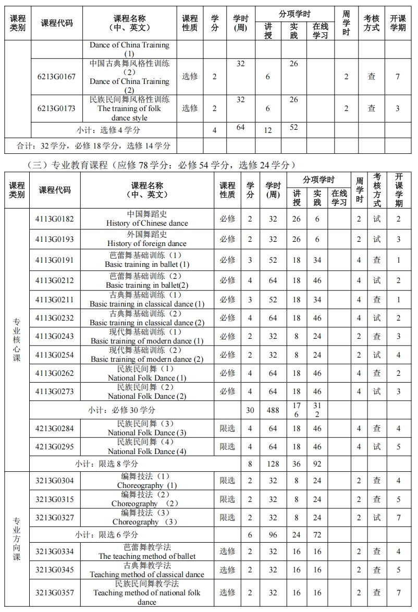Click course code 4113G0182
coord(55,219)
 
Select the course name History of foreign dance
coord(147,239)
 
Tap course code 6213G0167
coord(56,77)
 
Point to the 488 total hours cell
coord(273,410)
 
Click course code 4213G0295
coord(55,447)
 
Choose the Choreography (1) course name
coord(147,481)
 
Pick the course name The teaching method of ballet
coord(147,552)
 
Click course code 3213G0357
coord(55,593)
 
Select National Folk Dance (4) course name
coord(147,447)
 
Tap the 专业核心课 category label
coord(17,339)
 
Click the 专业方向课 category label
coord(17,539)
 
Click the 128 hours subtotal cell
coord(273,464)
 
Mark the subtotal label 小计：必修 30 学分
coord(121,410)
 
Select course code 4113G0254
coord(55,355)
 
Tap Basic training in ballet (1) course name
coord(147,260)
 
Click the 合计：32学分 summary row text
coord(93,146)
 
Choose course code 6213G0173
coord(56,108)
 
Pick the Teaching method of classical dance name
coord(147,570)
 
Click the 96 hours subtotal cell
coord(273,535)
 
